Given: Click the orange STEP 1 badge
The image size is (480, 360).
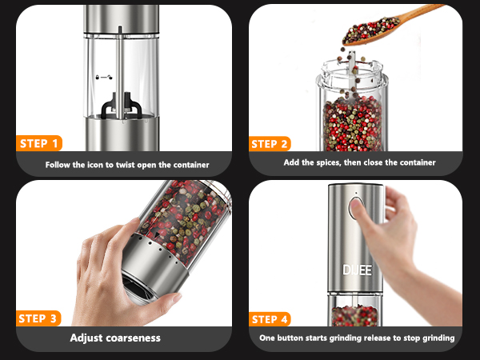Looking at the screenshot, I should (38, 144).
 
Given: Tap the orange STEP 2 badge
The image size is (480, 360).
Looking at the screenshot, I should (270, 144).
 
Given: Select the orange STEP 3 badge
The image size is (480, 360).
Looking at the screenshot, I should (38, 318).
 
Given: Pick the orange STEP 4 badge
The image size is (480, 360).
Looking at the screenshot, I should (270, 318).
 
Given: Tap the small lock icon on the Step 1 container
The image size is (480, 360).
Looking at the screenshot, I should (102, 78).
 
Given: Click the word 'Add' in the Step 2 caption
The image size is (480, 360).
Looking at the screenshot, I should (292, 162).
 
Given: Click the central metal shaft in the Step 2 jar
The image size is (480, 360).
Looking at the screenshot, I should (353, 80).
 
